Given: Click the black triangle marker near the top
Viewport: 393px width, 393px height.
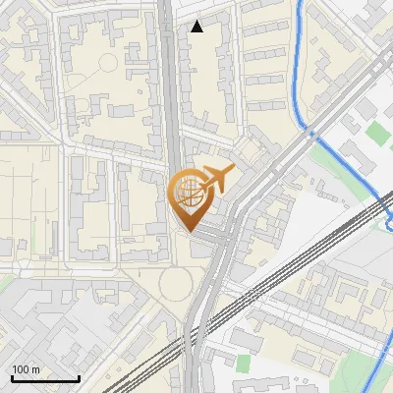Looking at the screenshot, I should tap(197, 27).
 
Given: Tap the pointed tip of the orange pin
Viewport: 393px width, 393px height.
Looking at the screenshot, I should tap(188, 230).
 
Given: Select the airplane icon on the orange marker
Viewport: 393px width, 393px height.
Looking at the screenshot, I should tap(215, 178).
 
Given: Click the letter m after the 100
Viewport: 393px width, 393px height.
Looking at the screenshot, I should tap(35, 369).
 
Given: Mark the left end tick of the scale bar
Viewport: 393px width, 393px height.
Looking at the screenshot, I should tap(12, 377).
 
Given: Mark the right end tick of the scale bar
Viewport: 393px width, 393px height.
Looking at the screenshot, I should tap(79, 377).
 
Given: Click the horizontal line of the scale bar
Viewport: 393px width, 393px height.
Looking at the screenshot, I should tap(45, 379).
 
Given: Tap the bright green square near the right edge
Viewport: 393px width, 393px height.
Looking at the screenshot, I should tap(376, 133).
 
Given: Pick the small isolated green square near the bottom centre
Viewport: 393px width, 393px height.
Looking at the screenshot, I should tap(243, 363).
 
